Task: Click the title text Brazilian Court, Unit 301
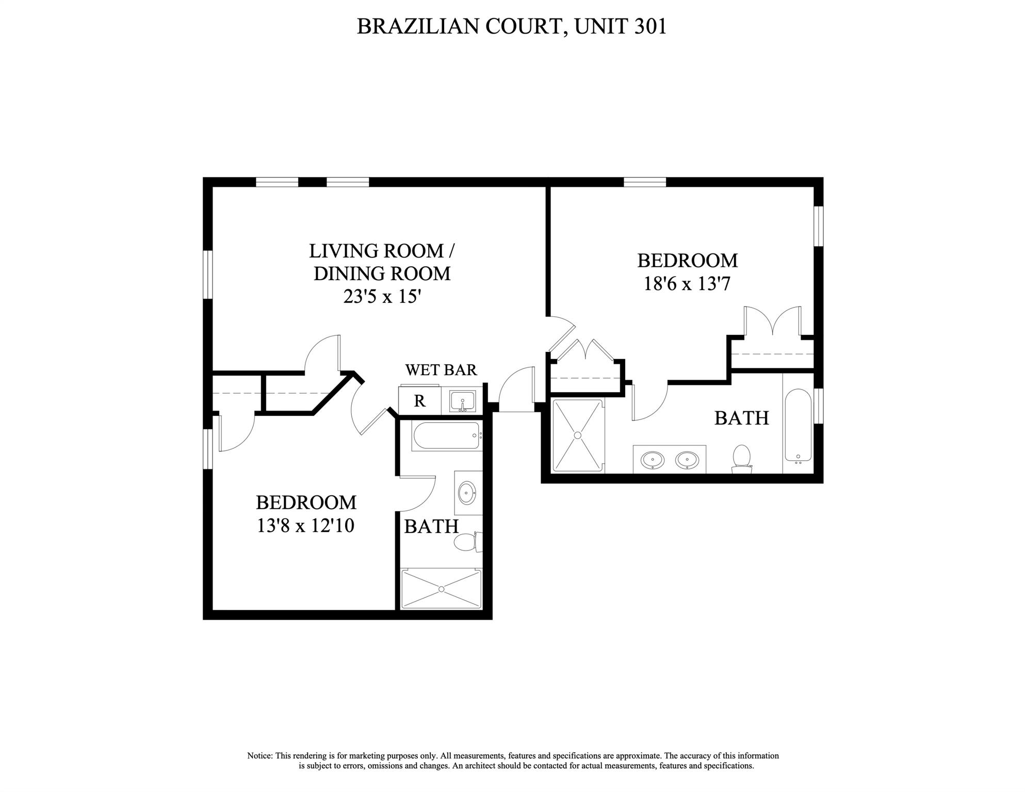click(511, 26)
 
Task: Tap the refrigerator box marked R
click(419, 401)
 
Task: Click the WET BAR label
click(441, 370)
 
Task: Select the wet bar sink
click(462, 401)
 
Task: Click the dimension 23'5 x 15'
click(382, 297)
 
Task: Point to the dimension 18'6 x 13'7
click(687, 284)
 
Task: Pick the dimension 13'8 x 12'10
click(305, 526)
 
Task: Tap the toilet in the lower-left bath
click(466, 542)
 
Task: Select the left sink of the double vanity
click(653, 459)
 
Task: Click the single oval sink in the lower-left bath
click(467, 493)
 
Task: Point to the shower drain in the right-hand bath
click(577, 435)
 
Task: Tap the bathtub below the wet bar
click(447, 437)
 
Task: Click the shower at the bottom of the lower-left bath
click(441, 589)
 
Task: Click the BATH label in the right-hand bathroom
click(741, 418)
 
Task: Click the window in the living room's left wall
click(207, 274)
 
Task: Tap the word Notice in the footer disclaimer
click(260, 756)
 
